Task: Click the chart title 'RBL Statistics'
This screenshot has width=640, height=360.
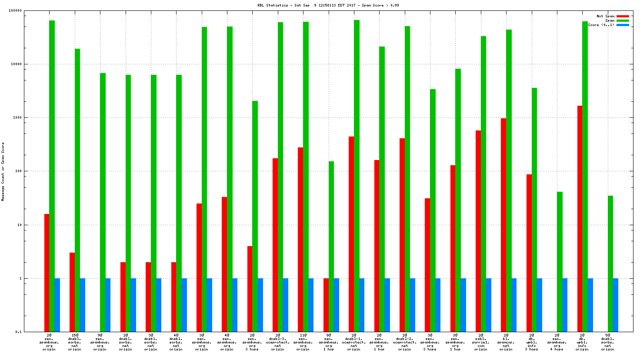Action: pyautogui.click(x=272, y=5)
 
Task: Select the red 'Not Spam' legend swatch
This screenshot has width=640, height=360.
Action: pyautogui.click(x=623, y=16)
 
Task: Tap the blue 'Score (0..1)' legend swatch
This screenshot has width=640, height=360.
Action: pyautogui.click(x=623, y=25)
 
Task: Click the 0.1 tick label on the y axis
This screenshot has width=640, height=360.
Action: pyautogui.click(x=18, y=332)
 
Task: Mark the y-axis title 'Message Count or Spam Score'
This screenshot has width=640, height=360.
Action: pyautogui.click(x=3, y=171)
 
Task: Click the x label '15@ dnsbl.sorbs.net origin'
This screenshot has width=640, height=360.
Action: pyautogui.click(x=74, y=342)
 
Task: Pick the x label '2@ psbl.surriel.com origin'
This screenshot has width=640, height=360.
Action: pyautogui.click(x=480, y=342)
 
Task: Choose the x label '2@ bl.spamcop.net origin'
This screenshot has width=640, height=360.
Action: pyautogui.click(x=506, y=342)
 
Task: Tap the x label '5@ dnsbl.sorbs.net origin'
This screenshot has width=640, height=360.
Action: pyautogui.click(x=607, y=342)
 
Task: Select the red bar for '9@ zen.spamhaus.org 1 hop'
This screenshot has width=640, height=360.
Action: pyautogui.click(x=326, y=305)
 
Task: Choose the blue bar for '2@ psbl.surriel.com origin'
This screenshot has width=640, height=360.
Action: pyautogui.click(x=489, y=305)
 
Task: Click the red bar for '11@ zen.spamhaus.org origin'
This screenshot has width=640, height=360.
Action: pyautogui.click(x=300, y=240)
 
